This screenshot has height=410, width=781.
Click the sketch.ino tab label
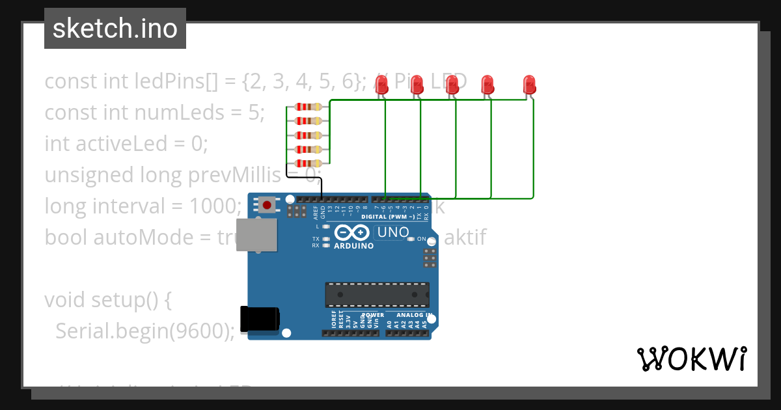coord(115,29)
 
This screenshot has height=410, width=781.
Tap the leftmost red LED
coord(382,84)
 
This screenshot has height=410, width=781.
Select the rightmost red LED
coord(530,84)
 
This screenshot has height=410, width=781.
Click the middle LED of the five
coord(452,84)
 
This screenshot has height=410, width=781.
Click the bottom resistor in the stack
coord(308,163)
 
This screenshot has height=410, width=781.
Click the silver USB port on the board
coord(255,235)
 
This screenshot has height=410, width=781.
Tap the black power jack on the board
coord(260,319)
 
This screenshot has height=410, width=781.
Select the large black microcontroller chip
coord(377,294)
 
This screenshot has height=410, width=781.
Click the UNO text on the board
coord(392,232)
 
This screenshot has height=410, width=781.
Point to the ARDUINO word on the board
coord(353,246)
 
